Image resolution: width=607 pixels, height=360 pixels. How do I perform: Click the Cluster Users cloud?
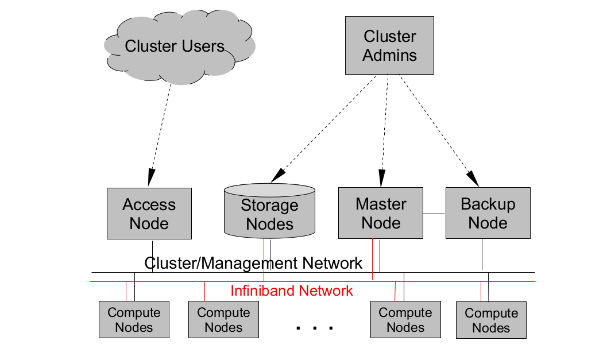click(179, 47)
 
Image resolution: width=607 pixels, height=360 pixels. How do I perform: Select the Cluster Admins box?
click(389, 45)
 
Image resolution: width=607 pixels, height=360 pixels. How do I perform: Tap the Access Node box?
click(149, 214)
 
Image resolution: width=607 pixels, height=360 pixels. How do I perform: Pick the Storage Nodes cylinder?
click(269, 211)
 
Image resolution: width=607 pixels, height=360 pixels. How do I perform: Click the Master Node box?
click(381, 213)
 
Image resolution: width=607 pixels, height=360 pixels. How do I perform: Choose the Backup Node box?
click(488, 213)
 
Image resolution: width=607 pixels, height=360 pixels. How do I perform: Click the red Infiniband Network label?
click(292, 291)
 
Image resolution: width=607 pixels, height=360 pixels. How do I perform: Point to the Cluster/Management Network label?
click(253, 263)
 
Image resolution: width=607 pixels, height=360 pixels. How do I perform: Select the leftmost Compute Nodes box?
click(134, 319)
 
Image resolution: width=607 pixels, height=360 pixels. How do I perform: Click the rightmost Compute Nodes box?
click(491, 320)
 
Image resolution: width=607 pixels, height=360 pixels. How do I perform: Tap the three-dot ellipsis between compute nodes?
click(314, 328)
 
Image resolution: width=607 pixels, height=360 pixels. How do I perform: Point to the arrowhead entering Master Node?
click(382, 178)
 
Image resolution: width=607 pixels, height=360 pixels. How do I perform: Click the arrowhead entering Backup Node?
click(473, 179)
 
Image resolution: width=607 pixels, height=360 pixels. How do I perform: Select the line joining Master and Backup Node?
click(434, 214)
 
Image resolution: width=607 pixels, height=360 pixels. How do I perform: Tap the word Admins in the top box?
click(389, 55)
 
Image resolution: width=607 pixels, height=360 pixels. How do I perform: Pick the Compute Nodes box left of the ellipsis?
click(223, 319)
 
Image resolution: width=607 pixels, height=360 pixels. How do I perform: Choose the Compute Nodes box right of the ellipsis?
click(405, 319)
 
